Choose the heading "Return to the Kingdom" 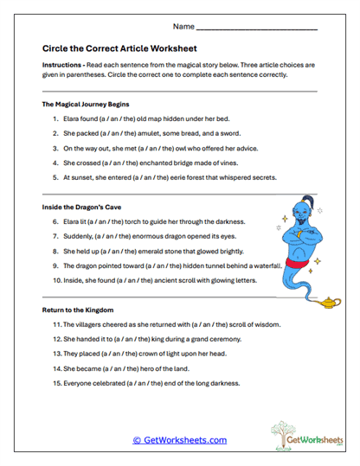[x=77, y=309]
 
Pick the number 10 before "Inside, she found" [x=56, y=280]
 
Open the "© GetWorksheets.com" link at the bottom [x=179, y=440]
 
